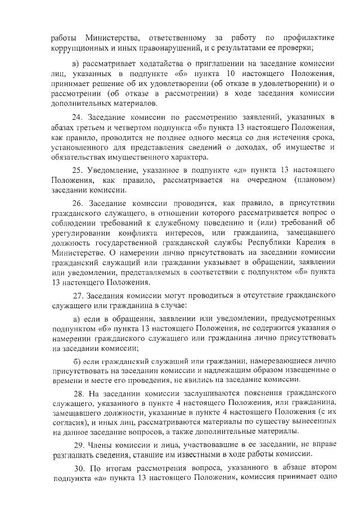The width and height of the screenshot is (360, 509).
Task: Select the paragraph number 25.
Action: [78, 169]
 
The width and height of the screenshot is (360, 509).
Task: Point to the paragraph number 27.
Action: [78, 295]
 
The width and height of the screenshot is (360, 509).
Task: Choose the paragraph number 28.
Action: [78, 394]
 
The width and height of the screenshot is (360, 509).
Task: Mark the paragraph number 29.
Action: [78, 444]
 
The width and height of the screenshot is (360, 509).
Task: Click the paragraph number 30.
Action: [78, 469]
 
